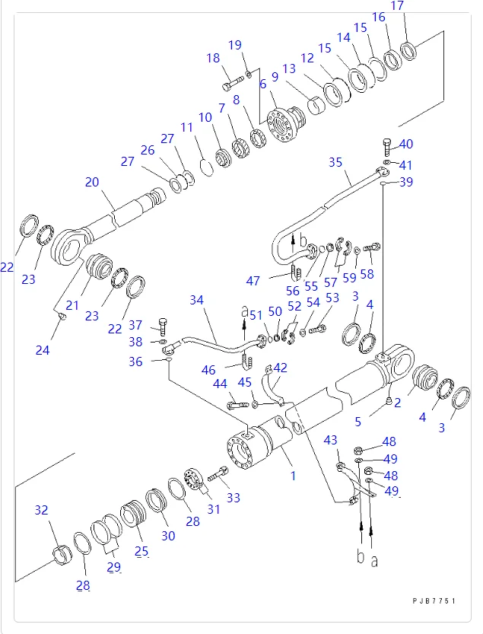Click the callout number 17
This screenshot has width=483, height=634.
pyautogui.click(x=397, y=5)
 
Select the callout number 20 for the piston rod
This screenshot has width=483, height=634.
pyautogui.click(x=92, y=182)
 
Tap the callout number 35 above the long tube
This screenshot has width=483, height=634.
pyautogui.click(x=335, y=162)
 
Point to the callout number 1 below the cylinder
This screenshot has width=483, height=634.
pyautogui.click(x=294, y=476)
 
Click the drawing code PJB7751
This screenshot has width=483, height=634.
pyautogui.click(x=434, y=601)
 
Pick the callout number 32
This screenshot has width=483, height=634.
pyautogui.click(x=41, y=510)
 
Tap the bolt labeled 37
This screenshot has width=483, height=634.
pyautogui.click(x=163, y=327)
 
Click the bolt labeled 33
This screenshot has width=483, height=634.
pyautogui.click(x=218, y=473)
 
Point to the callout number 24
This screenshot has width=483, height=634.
pyautogui.click(x=43, y=350)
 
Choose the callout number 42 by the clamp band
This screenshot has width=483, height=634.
pyautogui.click(x=281, y=368)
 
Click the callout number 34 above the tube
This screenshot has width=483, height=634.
pyautogui.click(x=197, y=300)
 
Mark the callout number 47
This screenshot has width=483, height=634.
pyautogui.click(x=253, y=281)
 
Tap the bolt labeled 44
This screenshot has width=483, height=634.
pyautogui.click(x=237, y=404)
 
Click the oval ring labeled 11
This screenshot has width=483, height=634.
pyautogui.click(x=207, y=167)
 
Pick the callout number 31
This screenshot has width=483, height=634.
pyautogui.click(x=214, y=509)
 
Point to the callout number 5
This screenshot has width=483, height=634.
pyautogui.click(x=357, y=422)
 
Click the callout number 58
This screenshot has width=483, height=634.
pyautogui.click(x=367, y=274)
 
